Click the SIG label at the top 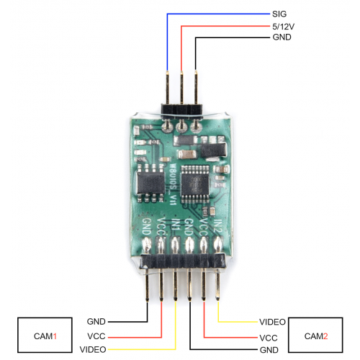pyautogui.click(x=279, y=14)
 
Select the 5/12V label pyautogui.click(x=283, y=27)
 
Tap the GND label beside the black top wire pyautogui.click(x=282, y=37)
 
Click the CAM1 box pyautogui.click(x=45, y=335)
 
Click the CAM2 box pyautogui.click(x=315, y=335)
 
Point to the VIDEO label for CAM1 pyautogui.click(x=93, y=349)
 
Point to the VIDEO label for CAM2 pyautogui.click(x=272, y=322)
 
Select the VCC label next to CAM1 pyautogui.click(x=96, y=336)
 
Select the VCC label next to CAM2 pyautogui.click(x=269, y=338)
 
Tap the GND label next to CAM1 pyautogui.click(x=96, y=322)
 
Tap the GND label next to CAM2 pyautogui.click(x=269, y=350)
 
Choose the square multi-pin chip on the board pyautogui.click(x=195, y=184)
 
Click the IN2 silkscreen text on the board pyautogui.click(x=218, y=226)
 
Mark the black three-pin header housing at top pyautogui.click(x=181, y=109)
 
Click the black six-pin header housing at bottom pyautogui.click(x=183, y=261)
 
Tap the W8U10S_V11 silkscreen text pyautogui.click(x=174, y=184)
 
